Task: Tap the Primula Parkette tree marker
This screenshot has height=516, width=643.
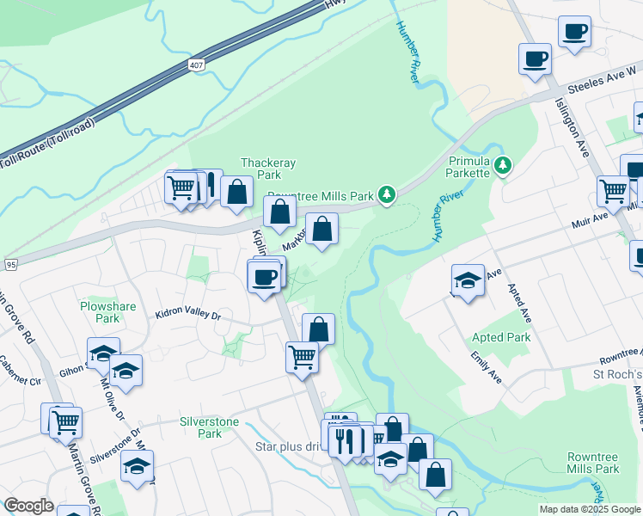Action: point(503,164)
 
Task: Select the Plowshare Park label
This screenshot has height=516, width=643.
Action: point(101,311)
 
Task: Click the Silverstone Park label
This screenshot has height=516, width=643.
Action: point(201,427)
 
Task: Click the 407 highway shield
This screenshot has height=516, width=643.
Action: point(198,64)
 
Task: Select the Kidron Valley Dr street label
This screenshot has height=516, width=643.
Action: point(188,316)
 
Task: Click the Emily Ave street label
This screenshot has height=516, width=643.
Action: point(486,367)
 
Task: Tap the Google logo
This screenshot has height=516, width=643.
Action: point(28,505)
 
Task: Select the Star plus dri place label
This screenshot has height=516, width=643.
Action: point(287,446)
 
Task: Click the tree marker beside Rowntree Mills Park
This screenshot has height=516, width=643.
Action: point(388,195)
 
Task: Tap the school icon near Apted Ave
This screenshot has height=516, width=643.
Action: point(468,280)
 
